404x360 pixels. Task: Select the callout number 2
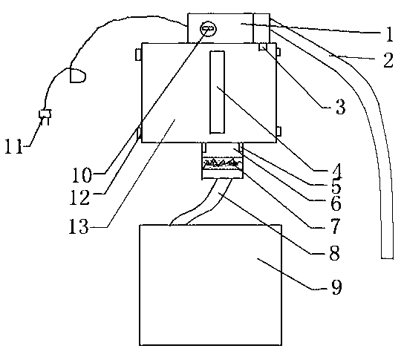click(388, 60)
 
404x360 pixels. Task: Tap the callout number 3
click(340, 107)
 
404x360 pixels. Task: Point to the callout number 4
click(336, 171)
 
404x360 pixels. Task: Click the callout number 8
click(335, 252)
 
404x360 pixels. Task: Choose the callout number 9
click(336, 287)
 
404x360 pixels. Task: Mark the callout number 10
click(82, 175)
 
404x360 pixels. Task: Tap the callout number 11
click(14, 146)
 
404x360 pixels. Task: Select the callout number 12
click(80, 197)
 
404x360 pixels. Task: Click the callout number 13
click(79, 226)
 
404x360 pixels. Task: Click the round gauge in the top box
click(208, 29)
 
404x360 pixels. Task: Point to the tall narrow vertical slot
click(217, 92)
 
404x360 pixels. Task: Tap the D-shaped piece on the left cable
click(77, 76)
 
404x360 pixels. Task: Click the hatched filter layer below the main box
click(222, 164)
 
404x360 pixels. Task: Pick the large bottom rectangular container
click(210, 285)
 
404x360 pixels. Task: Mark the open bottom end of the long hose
click(387, 258)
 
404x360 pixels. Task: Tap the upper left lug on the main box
click(139, 55)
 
